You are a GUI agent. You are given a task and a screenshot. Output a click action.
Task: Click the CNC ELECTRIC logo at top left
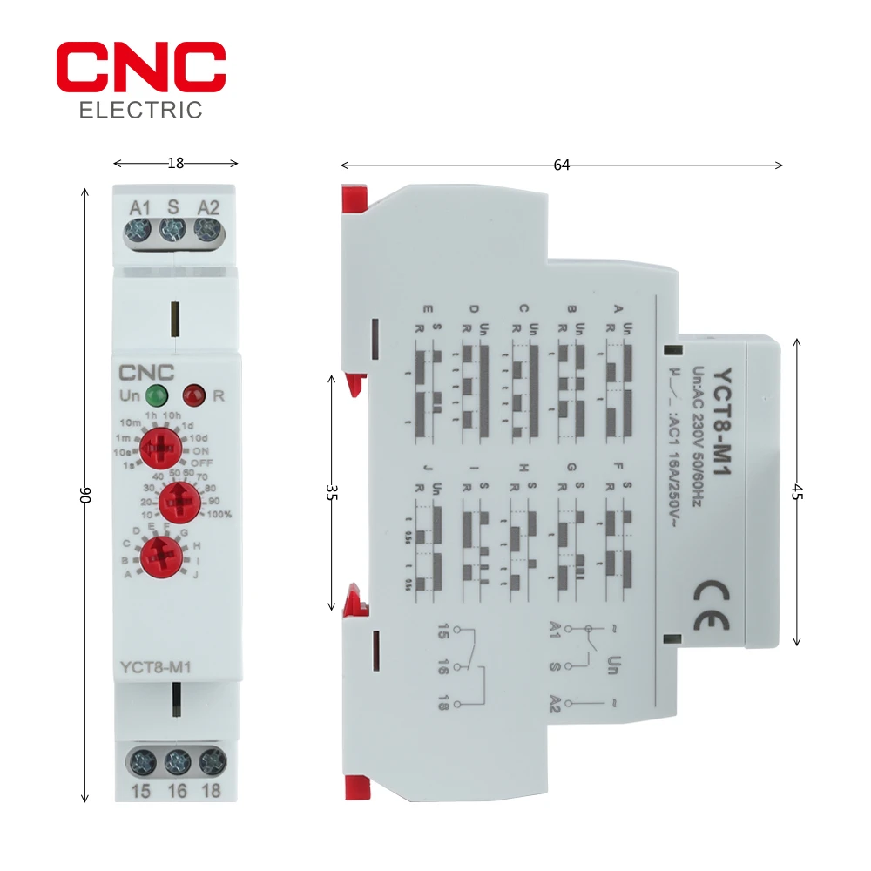[x=141, y=80]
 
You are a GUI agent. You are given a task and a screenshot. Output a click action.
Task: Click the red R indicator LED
[x=194, y=395]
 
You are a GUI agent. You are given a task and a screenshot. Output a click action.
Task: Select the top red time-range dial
[x=160, y=447]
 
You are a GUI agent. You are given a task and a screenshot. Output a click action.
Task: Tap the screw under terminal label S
[x=172, y=231]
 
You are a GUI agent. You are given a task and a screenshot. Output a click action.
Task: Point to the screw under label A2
[x=206, y=231]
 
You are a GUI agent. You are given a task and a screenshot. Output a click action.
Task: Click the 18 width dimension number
[x=175, y=162]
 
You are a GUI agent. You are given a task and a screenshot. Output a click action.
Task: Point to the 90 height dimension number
[x=85, y=494]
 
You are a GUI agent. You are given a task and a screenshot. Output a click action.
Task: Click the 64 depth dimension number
[x=562, y=165]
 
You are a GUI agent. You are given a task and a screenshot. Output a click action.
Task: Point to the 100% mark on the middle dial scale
[x=219, y=514]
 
